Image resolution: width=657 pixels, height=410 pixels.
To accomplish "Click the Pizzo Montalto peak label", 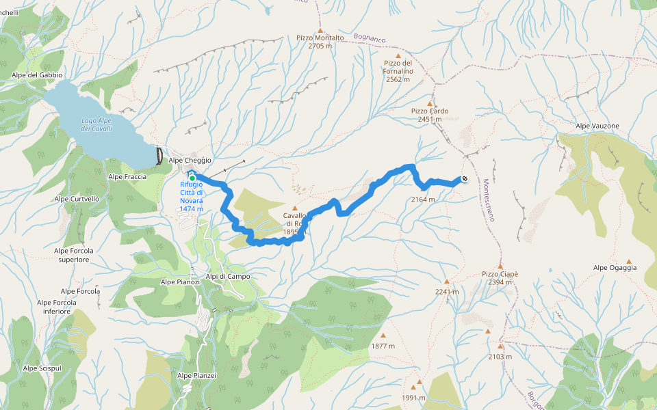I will (x=320, y=42).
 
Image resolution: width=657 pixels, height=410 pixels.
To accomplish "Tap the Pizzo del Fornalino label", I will (x=397, y=71).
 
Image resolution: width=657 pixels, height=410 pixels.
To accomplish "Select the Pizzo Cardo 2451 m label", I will (x=430, y=114).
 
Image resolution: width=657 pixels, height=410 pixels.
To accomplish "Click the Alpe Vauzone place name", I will (x=597, y=126).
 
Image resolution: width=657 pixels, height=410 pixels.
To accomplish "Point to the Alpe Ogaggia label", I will (x=615, y=267).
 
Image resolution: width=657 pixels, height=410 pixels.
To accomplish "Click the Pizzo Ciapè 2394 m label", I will (x=500, y=277).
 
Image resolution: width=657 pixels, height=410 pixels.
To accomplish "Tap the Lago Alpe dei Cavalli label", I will (x=96, y=124).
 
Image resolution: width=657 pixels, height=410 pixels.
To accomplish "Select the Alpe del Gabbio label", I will (x=37, y=74).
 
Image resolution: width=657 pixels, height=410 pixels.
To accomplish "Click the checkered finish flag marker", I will (x=465, y=179).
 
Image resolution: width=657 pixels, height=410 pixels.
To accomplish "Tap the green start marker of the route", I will (x=192, y=178).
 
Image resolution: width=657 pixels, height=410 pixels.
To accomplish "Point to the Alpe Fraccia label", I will (x=127, y=176).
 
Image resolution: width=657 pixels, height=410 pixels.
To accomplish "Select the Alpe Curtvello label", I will (x=77, y=199).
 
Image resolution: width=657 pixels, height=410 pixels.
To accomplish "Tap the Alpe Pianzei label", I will (x=197, y=375).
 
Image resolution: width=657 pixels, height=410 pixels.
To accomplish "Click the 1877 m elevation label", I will (x=383, y=346).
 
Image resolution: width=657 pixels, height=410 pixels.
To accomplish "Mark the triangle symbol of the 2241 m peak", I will (x=447, y=282).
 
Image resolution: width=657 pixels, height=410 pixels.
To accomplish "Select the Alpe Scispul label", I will (x=42, y=368).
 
